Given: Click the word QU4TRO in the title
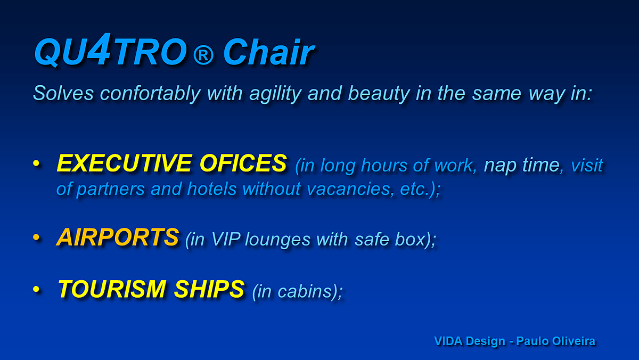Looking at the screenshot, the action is click(x=111, y=50).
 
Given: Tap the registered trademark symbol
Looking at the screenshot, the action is click(x=203, y=55).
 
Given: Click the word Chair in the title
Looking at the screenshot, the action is click(x=268, y=52).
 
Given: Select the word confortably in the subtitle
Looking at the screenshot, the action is click(x=150, y=93).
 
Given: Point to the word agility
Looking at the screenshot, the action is click(x=275, y=94).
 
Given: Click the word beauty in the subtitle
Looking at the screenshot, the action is click(x=379, y=94).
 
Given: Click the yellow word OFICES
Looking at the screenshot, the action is click(x=243, y=163).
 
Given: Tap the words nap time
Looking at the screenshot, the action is click(x=522, y=165).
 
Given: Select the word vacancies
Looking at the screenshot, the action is click(x=349, y=189).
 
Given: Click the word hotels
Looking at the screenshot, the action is click(x=212, y=189).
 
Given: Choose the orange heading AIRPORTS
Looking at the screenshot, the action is click(x=118, y=237).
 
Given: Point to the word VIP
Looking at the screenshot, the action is click(x=226, y=239).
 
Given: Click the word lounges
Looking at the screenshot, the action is click(x=277, y=240).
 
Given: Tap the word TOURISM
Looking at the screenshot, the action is click(x=112, y=289).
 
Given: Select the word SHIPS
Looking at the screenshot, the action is click(x=209, y=289).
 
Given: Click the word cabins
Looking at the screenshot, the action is click(x=305, y=291).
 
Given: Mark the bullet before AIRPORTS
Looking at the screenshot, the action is click(x=36, y=237).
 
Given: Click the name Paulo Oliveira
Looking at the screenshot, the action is click(x=556, y=341).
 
